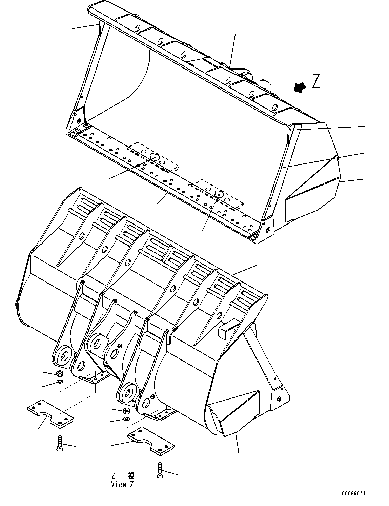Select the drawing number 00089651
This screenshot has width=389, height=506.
tap(353, 494)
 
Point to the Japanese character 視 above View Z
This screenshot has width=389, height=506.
tap(131, 476)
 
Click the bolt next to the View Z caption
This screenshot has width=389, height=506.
tap(160, 471)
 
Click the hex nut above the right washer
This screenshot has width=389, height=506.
tap(126, 411)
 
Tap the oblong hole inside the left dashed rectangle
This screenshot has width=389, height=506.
tap(154, 157)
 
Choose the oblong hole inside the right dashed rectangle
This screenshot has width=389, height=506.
tap(219, 194)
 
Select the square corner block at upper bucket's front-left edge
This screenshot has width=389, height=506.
tap(73, 134)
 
